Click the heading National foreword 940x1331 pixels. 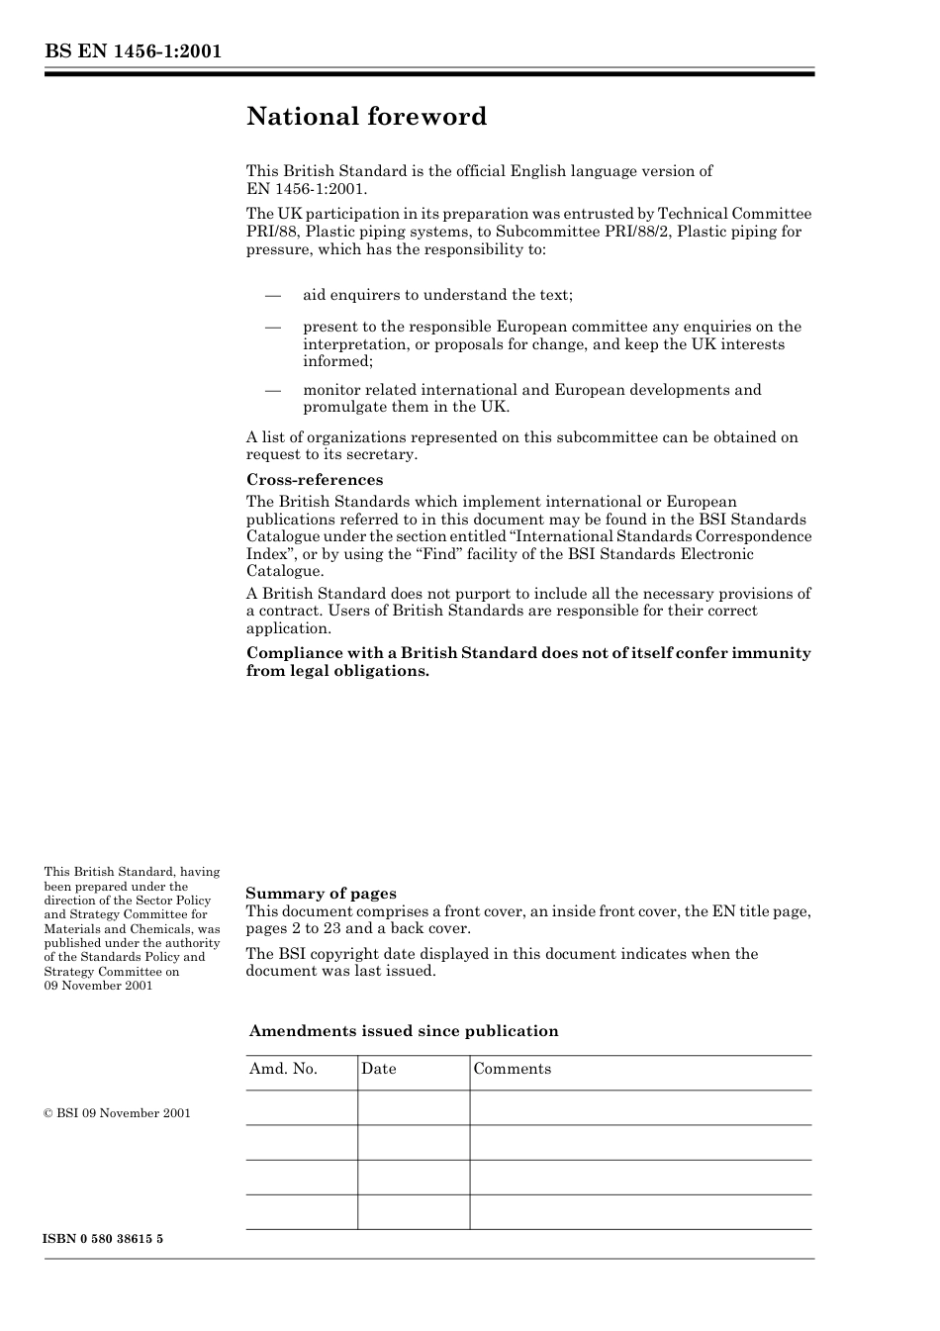[x=366, y=117]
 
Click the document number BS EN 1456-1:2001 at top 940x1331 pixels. [x=132, y=51]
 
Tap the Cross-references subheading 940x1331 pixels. [x=314, y=480]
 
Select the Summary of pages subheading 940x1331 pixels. [x=321, y=894]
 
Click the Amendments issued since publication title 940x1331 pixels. [x=404, y=1031]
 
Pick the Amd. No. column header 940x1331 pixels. [x=283, y=1069]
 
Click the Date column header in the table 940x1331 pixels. [x=378, y=1069]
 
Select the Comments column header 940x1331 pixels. [x=512, y=1069]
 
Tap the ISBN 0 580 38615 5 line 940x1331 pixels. [x=103, y=1239]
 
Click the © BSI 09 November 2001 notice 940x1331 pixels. [x=117, y=1113]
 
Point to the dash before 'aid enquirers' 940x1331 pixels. [x=273, y=295]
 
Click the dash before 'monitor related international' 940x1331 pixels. [x=273, y=390]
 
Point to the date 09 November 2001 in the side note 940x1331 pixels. [x=98, y=986]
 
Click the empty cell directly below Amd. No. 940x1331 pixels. [x=301, y=1107]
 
